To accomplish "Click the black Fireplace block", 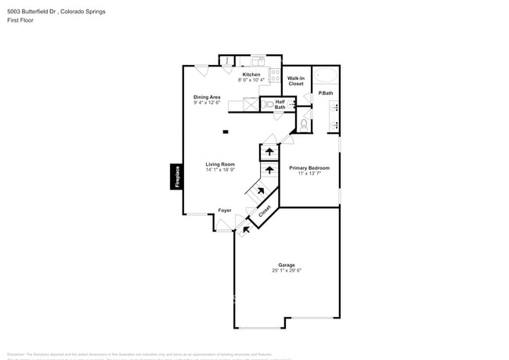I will point(177,176).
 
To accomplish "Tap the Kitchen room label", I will point(251,74).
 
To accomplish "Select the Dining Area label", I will point(208,97).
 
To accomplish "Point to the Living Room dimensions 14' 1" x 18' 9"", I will point(220,170).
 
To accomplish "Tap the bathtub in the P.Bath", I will point(327,77).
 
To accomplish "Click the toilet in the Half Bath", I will point(268,103).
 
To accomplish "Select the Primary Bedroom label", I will point(309,168).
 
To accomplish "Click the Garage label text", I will point(287,265).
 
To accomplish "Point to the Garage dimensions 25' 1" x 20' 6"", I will point(287,271).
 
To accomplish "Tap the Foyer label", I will point(225,210).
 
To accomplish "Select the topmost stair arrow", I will point(269,151).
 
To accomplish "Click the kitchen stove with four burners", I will point(274,75).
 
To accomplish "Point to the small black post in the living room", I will point(226,131).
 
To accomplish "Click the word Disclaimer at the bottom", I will point(17,354).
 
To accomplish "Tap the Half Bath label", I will point(280,104).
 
